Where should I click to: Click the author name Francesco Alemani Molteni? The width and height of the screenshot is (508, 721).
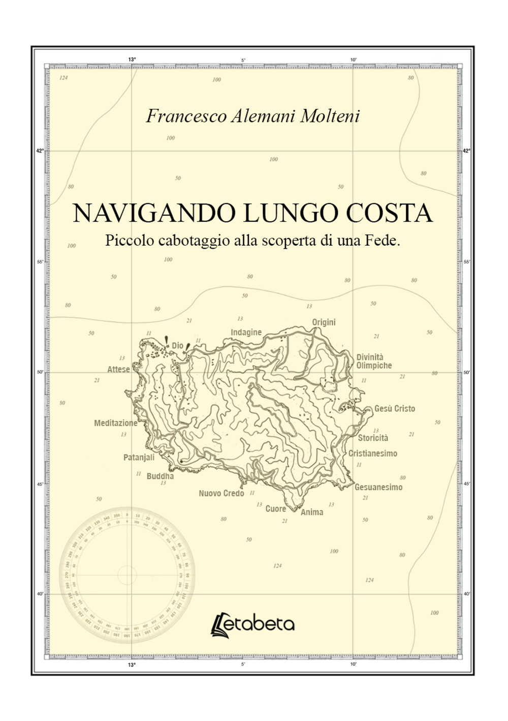[253, 116]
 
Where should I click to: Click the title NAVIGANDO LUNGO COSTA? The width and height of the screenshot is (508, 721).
[253, 214]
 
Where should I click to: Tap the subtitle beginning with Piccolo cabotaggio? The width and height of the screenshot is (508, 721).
[253, 240]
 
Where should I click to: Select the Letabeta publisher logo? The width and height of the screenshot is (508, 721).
[253, 624]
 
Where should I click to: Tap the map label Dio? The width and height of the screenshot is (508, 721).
[177, 346]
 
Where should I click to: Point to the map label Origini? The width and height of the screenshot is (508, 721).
[324, 322]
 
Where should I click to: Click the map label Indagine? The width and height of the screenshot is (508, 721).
[246, 333]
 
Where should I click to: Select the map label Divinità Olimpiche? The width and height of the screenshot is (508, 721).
[374, 362]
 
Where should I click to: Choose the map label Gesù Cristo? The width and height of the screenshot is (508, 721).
[395, 408]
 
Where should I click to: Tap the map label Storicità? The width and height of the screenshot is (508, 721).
[373, 438]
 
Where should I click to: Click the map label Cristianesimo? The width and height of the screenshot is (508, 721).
[373, 454]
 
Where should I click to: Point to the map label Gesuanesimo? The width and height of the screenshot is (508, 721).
[378, 487]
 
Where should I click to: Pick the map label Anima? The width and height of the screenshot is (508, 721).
[312, 512]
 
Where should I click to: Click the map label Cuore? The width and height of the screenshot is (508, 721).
[276, 508]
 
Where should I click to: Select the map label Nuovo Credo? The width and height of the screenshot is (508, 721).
[221, 493]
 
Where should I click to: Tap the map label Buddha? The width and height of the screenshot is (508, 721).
[160, 476]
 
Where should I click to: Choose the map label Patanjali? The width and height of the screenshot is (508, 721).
[139, 458]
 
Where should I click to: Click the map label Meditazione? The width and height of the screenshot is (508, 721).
[116, 423]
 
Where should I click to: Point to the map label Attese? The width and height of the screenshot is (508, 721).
[118, 369]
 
